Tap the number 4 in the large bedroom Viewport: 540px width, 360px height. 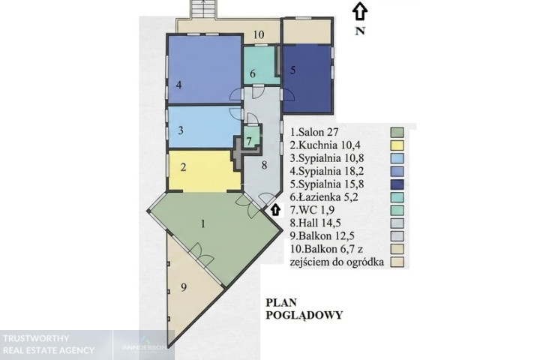tap(178, 85)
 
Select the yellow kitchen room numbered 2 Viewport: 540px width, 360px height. tap(204, 171)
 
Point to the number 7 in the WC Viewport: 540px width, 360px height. tap(249, 141)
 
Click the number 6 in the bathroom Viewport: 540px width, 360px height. tap(253, 73)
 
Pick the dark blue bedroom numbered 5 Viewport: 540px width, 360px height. tap(307, 79)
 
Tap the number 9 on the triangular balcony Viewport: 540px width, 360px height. tap(184, 287)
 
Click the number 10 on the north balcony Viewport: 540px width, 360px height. tap(259, 34)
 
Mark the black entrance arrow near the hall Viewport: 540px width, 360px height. tap(274, 210)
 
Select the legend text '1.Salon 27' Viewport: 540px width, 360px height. tap(314, 132)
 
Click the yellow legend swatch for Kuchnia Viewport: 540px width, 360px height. tap(397, 145)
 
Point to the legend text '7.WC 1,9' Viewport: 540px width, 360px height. tap(312, 210)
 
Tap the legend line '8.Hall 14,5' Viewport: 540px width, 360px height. tap(316, 223)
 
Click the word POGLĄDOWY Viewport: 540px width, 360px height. tap(304, 315)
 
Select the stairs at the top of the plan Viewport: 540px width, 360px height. tap(203, 9)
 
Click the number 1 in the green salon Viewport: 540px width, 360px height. tap(203, 224)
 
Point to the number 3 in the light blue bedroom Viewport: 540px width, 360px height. tap(181, 130)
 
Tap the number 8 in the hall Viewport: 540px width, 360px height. tap(264, 165)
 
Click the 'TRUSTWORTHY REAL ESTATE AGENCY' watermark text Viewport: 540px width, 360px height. tap(49, 344)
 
